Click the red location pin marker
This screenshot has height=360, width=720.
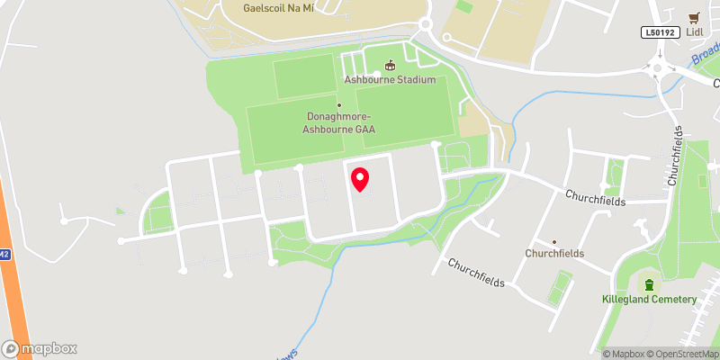coord(360,179)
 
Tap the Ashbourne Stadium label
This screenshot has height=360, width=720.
coord(390,79)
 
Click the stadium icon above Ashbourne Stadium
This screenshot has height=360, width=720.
coord(390,65)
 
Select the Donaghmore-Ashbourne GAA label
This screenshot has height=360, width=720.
coord(339,123)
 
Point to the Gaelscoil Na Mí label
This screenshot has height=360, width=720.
coord(278,8)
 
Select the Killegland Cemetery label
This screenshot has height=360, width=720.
coord(650,299)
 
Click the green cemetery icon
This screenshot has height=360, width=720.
coord(650,284)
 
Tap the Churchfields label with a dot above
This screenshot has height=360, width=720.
coord(554,253)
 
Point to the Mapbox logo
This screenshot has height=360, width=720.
coord(40,348)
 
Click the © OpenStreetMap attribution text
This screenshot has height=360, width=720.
coord(681,354)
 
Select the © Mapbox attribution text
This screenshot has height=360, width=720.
coord(624,354)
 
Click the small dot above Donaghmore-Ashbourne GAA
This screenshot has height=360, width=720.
coord(339,105)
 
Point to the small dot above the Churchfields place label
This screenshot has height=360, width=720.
coord(554,241)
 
